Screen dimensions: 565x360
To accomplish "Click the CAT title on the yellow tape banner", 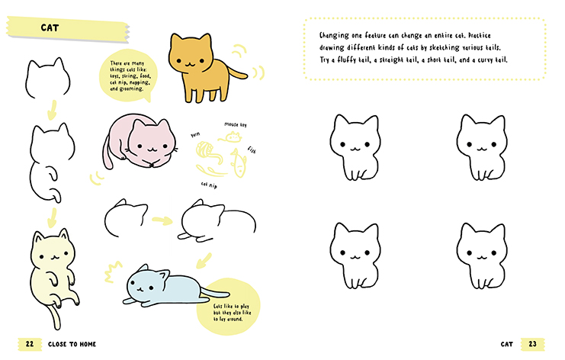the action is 50,27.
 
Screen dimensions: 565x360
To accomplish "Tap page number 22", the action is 30,344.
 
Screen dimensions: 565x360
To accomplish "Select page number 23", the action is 532,344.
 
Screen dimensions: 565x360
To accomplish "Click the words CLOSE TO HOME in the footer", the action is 72,344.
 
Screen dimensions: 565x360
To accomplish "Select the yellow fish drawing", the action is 238,162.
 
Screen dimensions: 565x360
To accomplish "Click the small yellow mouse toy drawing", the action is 230,137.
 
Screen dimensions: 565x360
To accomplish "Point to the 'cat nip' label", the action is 209,185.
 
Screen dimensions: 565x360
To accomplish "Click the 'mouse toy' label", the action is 236,124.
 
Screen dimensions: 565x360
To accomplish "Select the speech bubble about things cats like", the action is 129,76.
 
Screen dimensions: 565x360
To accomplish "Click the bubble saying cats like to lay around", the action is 229,307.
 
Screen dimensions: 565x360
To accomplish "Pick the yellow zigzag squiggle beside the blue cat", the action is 113,272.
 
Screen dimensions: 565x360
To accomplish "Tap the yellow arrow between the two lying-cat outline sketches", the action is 162,220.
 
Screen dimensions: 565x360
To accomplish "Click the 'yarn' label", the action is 195,134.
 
